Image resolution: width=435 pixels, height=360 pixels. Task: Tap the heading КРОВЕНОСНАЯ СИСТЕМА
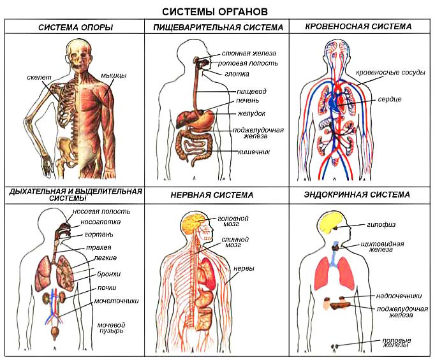pyautogui.click(x=358, y=27)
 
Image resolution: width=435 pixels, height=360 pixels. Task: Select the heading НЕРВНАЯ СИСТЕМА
pyautogui.click(x=212, y=195)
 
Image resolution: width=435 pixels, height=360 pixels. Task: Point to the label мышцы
pyautogui.click(x=114, y=76)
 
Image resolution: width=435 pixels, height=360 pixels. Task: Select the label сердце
pyautogui.click(x=389, y=100)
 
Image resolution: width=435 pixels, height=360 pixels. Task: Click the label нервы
pyautogui.click(x=244, y=269)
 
